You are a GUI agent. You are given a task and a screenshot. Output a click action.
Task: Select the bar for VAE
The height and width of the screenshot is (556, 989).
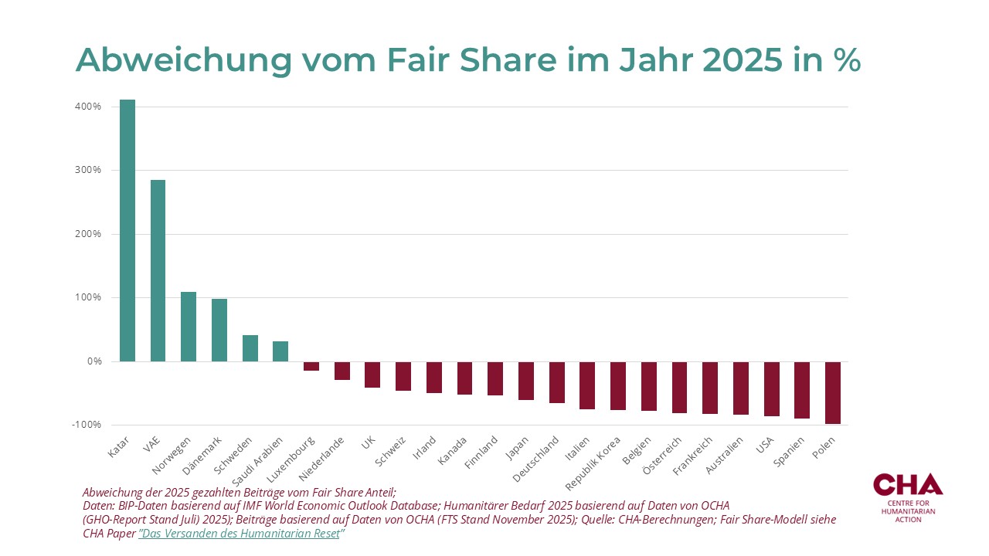(x=158, y=270)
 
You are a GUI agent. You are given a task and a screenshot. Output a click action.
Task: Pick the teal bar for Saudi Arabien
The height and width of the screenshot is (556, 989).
(x=280, y=351)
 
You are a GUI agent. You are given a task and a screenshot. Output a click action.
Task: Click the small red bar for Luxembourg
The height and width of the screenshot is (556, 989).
(x=311, y=366)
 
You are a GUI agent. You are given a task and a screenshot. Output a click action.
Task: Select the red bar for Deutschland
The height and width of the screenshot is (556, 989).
(x=557, y=382)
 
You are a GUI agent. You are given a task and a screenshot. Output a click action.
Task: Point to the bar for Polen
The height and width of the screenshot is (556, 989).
(x=833, y=393)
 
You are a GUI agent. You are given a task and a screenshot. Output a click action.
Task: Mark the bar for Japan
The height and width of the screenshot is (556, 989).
(x=526, y=381)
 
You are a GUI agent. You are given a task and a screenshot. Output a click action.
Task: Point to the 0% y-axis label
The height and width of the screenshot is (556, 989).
(x=93, y=361)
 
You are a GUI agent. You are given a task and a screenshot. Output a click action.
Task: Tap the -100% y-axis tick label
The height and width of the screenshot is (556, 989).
(x=87, y=425)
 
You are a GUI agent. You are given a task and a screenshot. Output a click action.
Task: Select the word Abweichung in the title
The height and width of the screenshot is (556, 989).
(x=174, y=60)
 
